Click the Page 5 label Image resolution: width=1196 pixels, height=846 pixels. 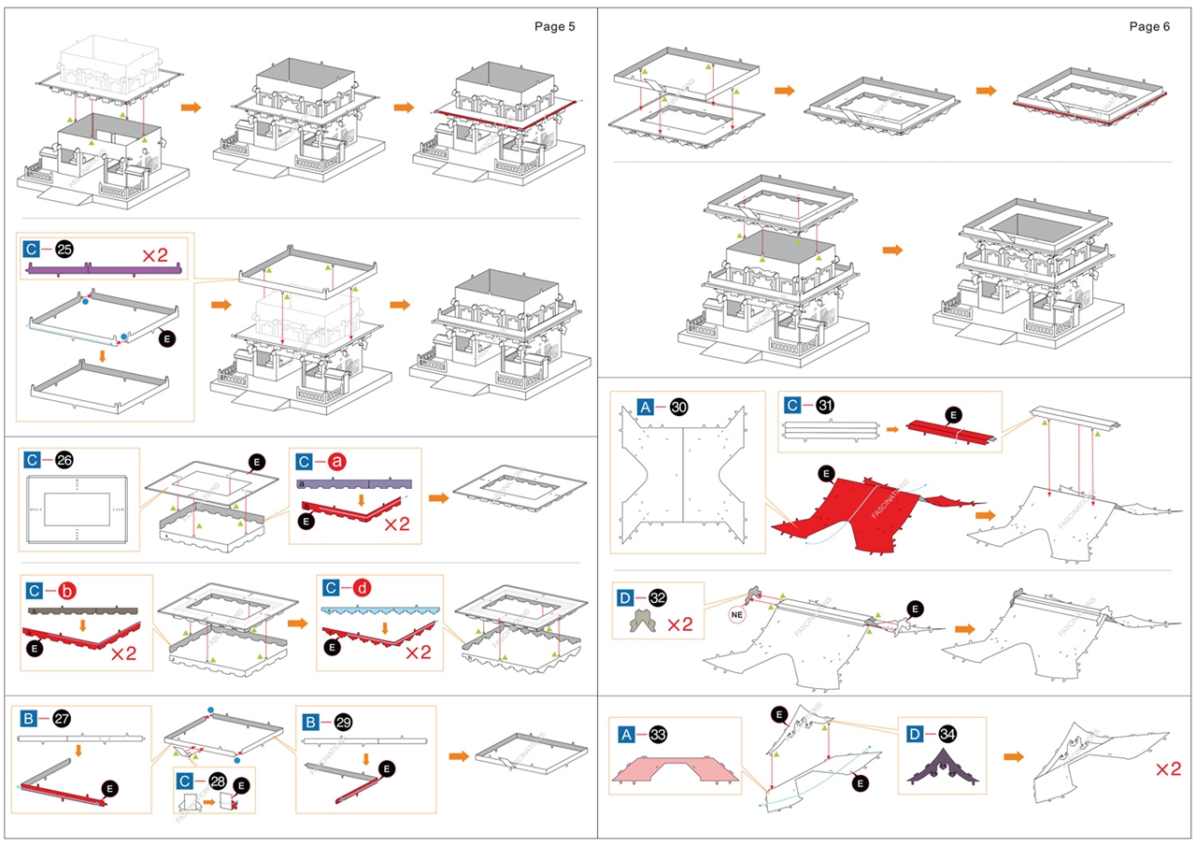(x=554, y=26)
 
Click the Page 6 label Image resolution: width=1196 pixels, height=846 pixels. (x=1149, y=26)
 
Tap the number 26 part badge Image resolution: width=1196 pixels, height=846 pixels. (x=64, y=460)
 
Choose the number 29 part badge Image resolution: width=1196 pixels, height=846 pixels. (x=343, y=723)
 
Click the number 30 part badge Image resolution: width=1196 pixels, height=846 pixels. (x=679, y=407)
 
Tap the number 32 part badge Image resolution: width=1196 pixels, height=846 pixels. (x=658, y=597)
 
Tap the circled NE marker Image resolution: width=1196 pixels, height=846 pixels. (x=739, y=615)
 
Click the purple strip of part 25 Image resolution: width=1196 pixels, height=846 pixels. (x=104, y=270)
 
